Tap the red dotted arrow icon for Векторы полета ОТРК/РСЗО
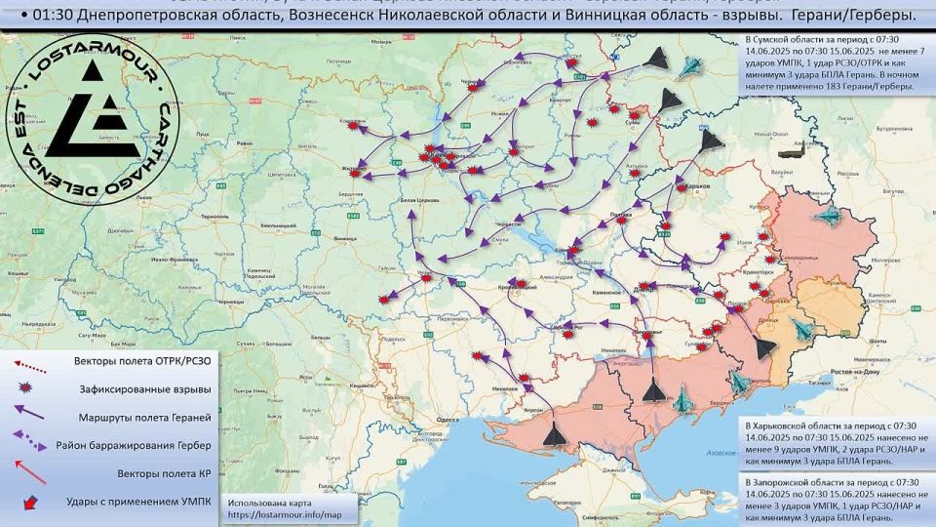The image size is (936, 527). [29, 362]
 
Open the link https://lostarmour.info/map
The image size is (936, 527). [285, 514]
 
